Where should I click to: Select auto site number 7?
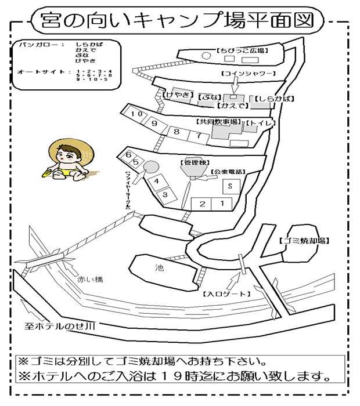pyautogui.click(x=199, y=136)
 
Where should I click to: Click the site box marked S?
pyautogui.click(x=231, y=186)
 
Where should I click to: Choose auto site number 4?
pyautogui.click(x=157, y=182)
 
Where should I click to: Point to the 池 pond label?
pyautogui.click(x=160, y=268)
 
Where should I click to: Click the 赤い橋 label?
pyautogui.click(x=90, y=280)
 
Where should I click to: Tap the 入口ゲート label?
pyautogui.click(x=222, y=294)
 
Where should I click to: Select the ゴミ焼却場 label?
pyautogui.click(x=304, y=240)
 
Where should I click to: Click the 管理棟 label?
pyautogui.click(x=192, y=163)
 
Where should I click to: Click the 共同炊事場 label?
pyautogui.click(x=218, y=122)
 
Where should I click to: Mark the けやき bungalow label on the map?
pyautogui.click(x=176, y=95)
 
